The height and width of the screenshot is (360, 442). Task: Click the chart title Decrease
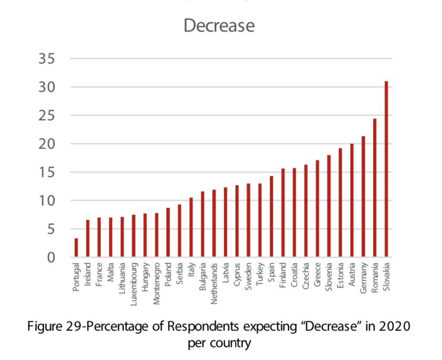(x=219, y=26)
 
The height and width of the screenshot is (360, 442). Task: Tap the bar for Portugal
(x=76, y=248)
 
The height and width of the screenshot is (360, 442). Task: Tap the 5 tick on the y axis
(x=51, y=229)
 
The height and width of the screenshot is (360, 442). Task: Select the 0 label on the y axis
(x=51, y=258)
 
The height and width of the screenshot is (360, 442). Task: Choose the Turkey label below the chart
(x=260, y=276)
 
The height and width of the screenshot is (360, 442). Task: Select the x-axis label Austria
(x=352, y=277)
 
